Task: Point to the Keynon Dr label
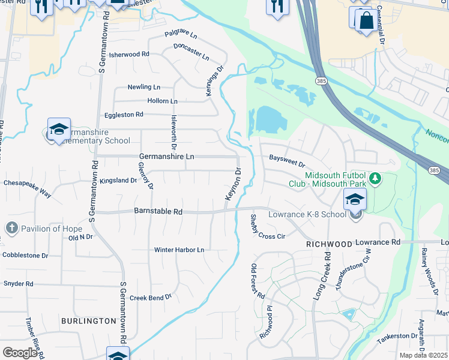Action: click(x=233, y=184)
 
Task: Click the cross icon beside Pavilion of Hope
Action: click(x=11, y=228)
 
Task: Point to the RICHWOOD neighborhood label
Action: click(x=328, y=245)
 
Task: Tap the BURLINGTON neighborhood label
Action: click(x=88, y=321)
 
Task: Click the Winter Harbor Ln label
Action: click(x=179, y=250)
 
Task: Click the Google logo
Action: click(x=20, y=353)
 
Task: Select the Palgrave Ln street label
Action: click(x=180, y=37)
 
